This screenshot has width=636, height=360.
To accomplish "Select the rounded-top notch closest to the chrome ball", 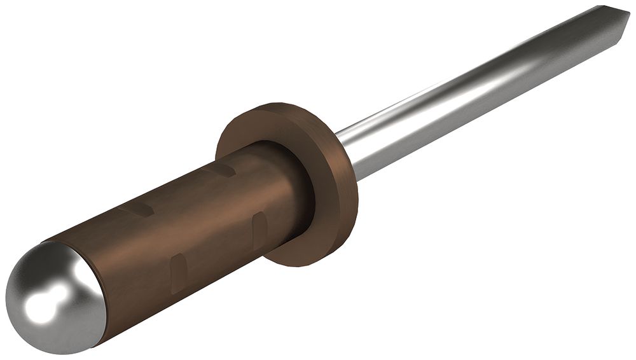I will tap(179, 270).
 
